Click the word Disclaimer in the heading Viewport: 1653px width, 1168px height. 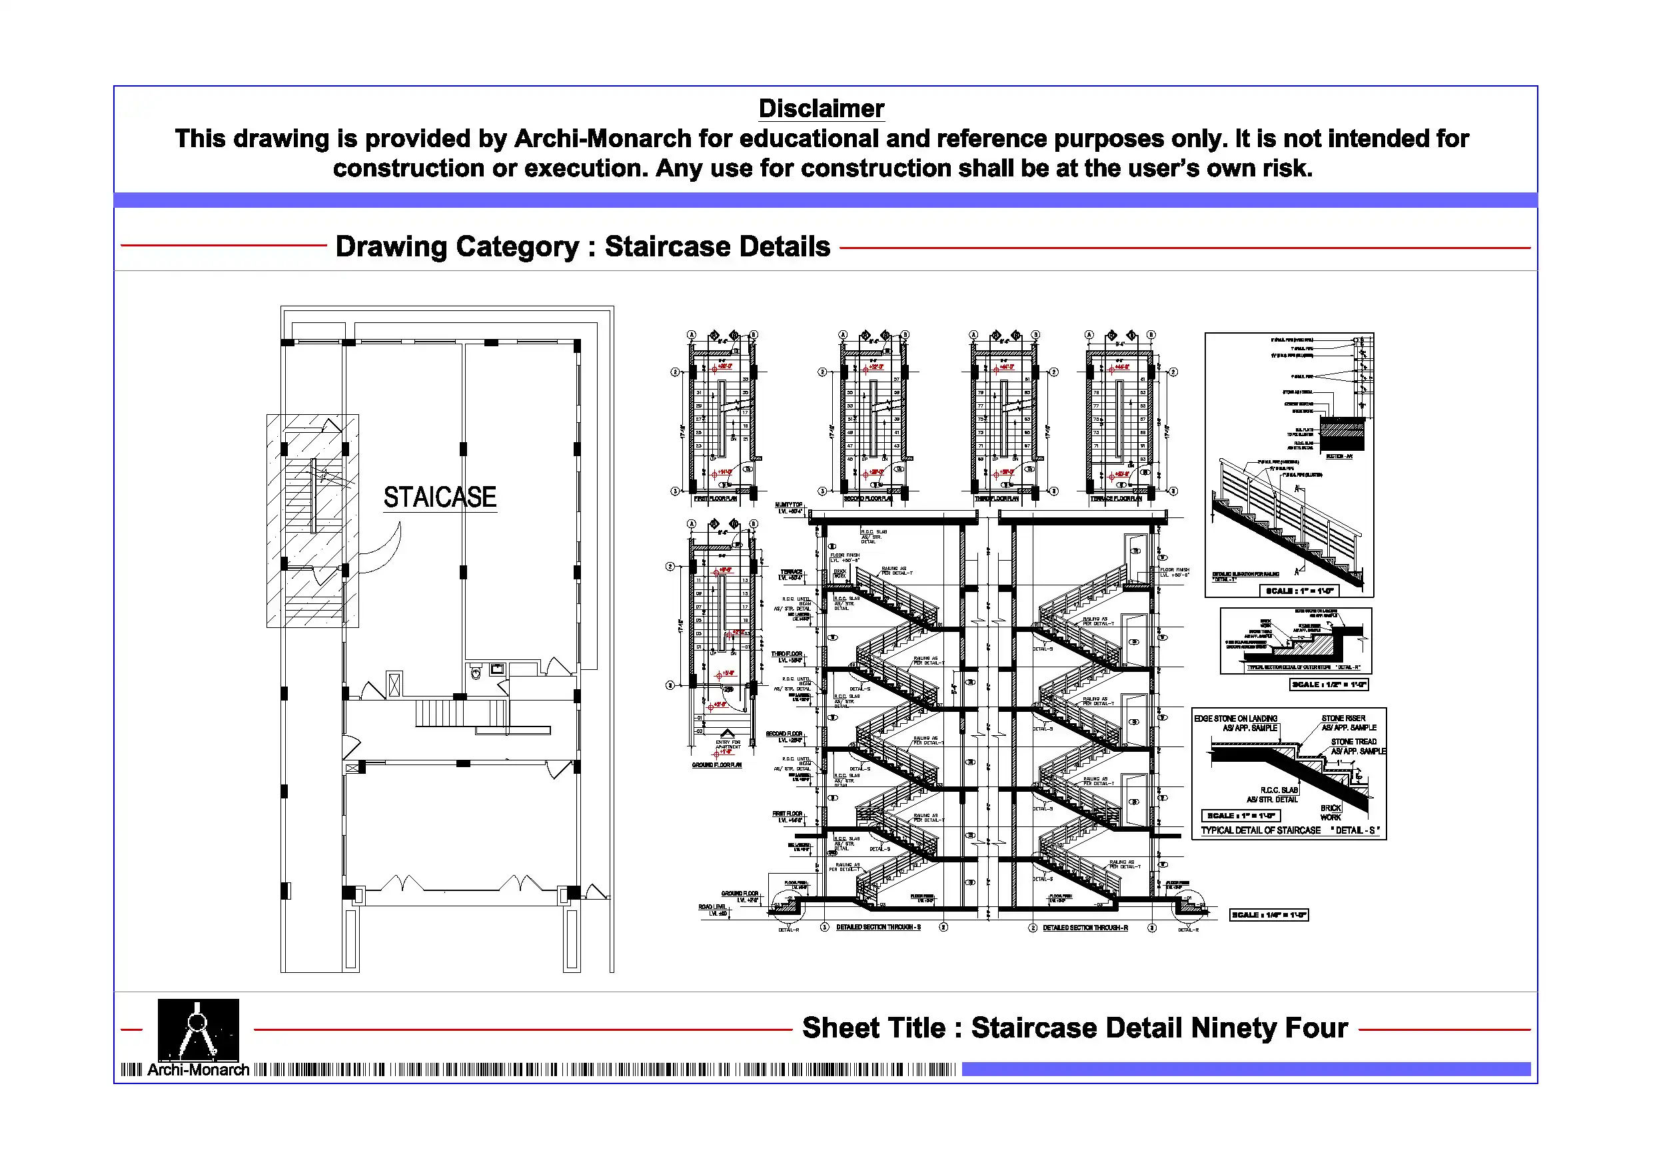pyautogui.click(x=821, y=109)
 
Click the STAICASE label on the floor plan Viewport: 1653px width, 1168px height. pyautogui.click(x=439, y=497)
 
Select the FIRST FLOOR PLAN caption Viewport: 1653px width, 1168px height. pyautogui.click(x=715, y=499)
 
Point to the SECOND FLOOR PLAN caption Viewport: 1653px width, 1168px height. pyautogui.click(x=868, y=499)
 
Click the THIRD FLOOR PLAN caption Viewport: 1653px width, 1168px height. pyautogui.click(x=997, y=499)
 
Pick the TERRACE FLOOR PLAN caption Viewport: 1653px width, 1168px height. pyautogui.click(x=1116, y=499)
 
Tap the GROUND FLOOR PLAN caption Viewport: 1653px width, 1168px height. pyautogui.click(x=716, y=765)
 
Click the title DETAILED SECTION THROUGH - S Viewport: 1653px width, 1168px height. pyautogui.click(x=878, y=928)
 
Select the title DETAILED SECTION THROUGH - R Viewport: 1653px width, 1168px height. pyautogui.click(x=1085, y=928)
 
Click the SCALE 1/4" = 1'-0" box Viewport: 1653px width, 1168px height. pyautogui.click(x=1269, y=916)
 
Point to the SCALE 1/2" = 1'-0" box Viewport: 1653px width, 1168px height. pyautogui.click(x=1329, y=685)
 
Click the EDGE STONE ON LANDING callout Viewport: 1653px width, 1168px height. pyautogui.click(x=1235, y=719)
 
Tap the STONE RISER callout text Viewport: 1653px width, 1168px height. pyautogui.click(x=1343, y=719)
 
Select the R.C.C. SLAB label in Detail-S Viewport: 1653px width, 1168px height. pyautogui.click(x=1279, y=790)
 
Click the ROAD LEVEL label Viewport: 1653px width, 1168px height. pyautogui.click(x=712, y=907)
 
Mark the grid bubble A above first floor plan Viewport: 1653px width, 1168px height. pyautogui.click(x=692, y=335)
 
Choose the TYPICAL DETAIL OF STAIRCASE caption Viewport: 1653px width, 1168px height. pyautogui.click(x=1261, y=830)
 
